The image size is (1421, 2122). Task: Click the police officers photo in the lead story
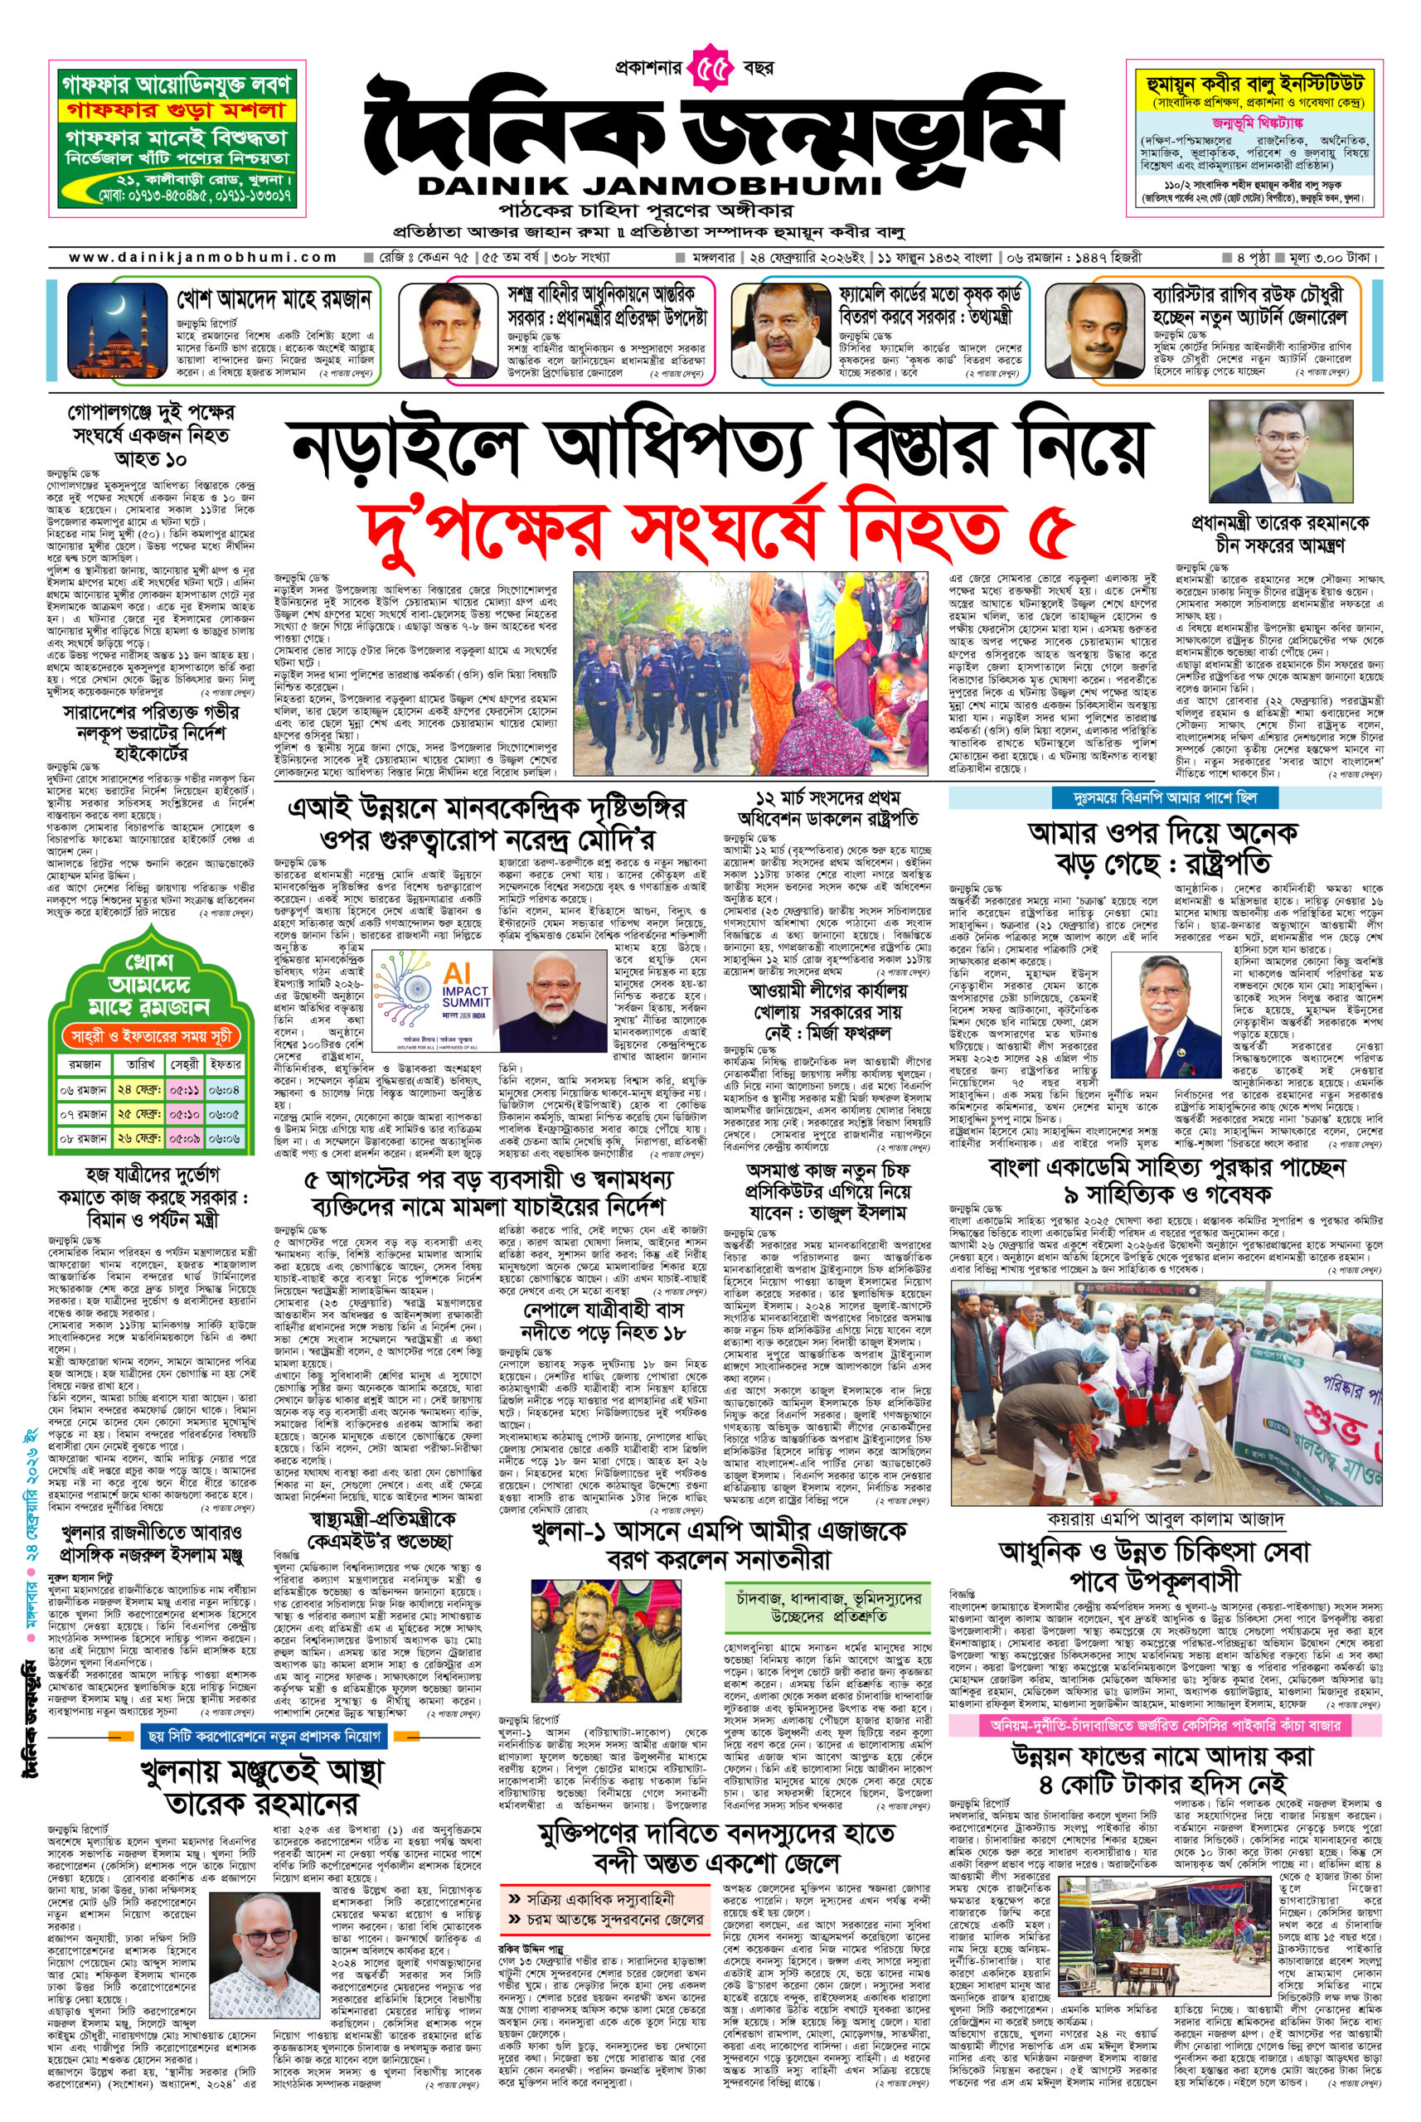click(x=665, y=673)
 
